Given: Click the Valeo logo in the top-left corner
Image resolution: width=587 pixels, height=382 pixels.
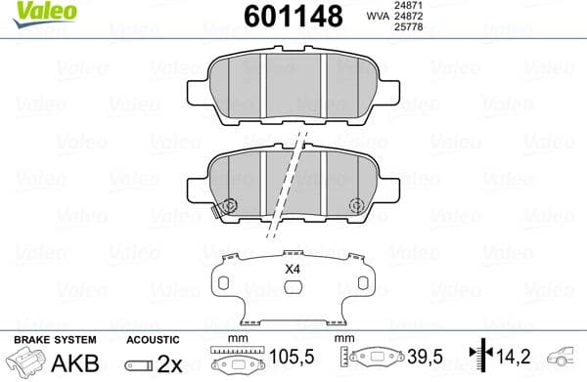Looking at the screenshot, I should tap(31, 11).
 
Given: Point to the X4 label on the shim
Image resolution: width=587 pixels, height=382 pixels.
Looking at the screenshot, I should tap(292, 269).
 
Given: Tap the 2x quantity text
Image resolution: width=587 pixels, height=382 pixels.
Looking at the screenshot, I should tap(170, 362).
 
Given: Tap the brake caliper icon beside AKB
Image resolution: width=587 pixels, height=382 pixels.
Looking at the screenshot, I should tap(27, 362).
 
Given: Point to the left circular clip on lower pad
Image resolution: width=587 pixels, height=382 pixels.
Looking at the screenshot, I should tap(231, 206).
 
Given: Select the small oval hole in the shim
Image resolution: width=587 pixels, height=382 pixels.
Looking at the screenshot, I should tap(292, 286).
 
